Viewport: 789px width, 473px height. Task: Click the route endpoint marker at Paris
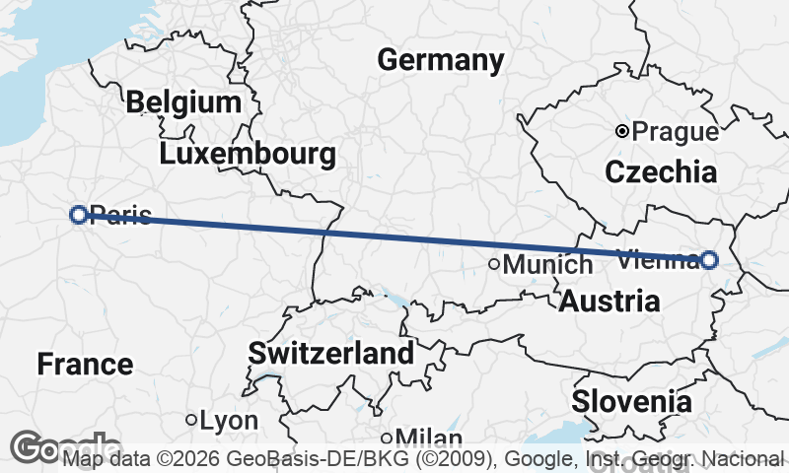pos(79,214)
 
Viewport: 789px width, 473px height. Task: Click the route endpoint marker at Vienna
pos(709,260)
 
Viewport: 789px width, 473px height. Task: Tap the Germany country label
pos(440,60)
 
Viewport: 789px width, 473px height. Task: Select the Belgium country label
pos(183,102)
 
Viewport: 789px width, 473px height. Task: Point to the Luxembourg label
pos(247,155)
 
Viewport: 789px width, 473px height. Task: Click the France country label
pos(85,365)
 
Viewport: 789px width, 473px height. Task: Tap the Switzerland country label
pos(330,354)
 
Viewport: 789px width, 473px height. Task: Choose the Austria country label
pos(610,302)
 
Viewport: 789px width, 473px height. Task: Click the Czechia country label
pos(661,172)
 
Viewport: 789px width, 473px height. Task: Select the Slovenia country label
pos(631,401)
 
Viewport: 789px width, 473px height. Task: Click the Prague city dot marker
pos(622,131)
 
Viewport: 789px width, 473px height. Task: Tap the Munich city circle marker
pos(495,263)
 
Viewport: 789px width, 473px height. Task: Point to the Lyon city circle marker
pos(191,420)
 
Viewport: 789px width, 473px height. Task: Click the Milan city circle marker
pos(387,438)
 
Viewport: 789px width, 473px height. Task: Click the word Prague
pos(676,131)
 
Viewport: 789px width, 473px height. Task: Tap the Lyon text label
pos(229,421)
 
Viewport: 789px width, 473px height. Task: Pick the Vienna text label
pos(655,260)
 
